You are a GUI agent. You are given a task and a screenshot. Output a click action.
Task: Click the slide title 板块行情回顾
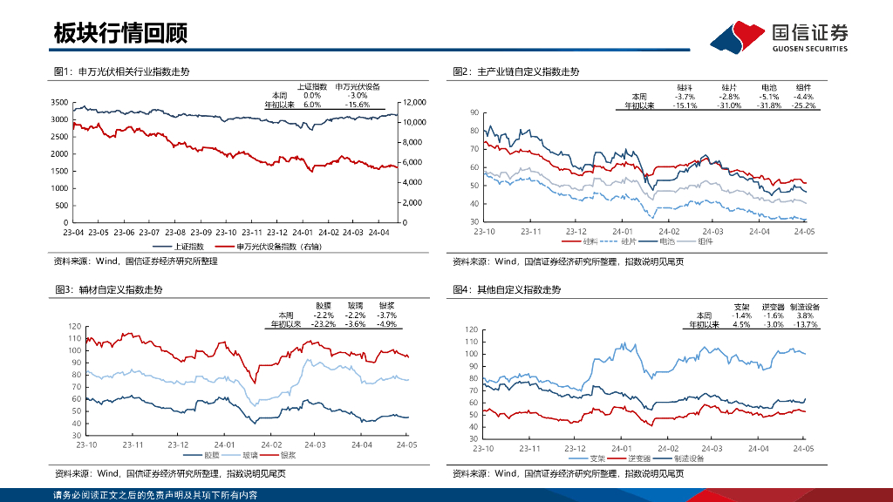120,34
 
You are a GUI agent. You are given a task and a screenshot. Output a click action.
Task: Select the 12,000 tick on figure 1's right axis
415,102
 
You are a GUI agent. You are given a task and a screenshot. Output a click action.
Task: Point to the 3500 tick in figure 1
58,102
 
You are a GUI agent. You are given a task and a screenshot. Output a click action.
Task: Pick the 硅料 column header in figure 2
685,88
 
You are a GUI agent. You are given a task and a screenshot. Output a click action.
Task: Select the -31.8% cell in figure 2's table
768,105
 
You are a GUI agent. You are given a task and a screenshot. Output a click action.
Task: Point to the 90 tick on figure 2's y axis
474,112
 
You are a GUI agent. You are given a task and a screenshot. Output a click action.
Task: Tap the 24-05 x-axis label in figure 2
804,231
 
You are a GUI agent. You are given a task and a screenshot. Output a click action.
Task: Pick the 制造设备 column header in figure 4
803,307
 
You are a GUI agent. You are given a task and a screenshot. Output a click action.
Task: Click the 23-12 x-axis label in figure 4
576,447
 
